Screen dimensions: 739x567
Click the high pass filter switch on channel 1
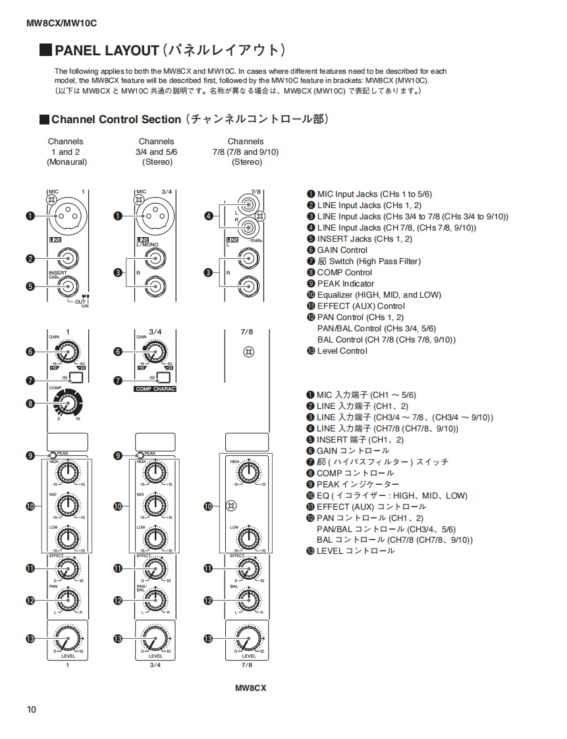click(76, 378)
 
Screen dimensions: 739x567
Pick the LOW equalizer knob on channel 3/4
click(155, 538)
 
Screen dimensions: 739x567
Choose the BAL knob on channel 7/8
click(248, 599)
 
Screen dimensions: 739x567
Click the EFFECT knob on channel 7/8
click(248, 568)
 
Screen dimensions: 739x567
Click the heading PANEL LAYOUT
click(107, 51)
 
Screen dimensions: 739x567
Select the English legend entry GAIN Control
click(342, 250)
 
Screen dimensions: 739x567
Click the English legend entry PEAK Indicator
click(345, 284)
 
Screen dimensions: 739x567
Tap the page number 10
click(32, 709)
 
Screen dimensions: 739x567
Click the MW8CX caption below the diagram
click(250, 688)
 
